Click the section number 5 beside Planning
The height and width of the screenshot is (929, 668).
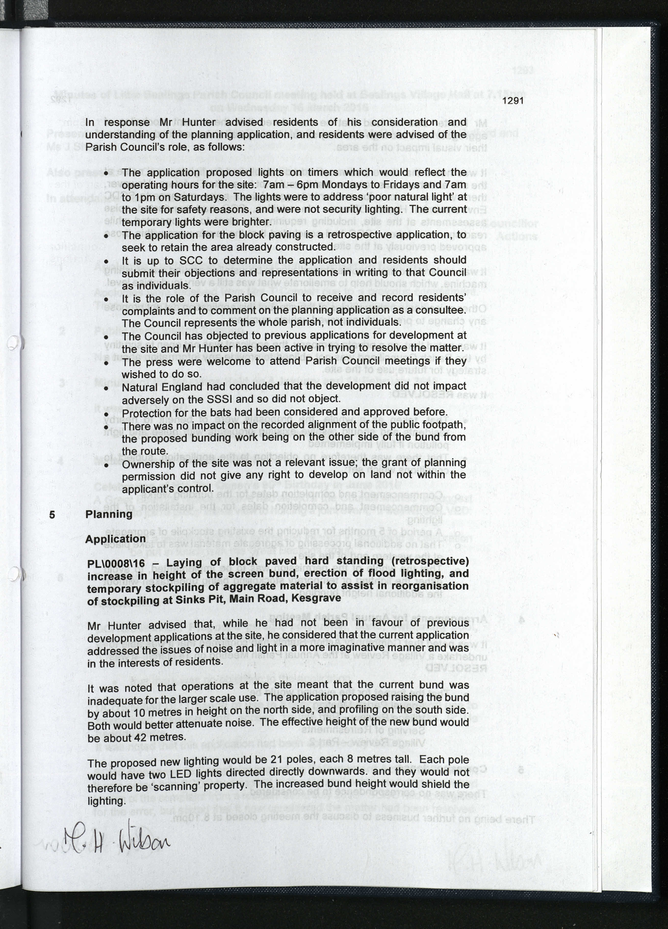[x=52, y=514]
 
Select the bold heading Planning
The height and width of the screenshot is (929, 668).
[x=109, y=514]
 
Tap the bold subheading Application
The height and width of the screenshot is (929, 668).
[x=116, y=539]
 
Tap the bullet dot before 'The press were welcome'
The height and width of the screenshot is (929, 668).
[x=106, y=363]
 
